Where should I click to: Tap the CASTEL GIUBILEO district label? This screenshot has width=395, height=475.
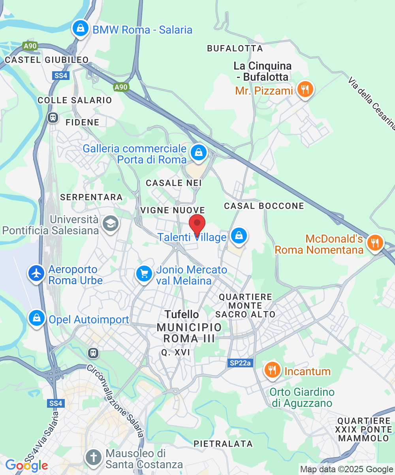coord(47,60)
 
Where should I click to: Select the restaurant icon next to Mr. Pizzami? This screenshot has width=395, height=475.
coord(305,89)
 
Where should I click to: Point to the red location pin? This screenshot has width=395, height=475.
coord(197,225)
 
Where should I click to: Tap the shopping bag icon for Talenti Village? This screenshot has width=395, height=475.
coord(239,236)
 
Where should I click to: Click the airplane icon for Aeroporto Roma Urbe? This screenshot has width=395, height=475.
coord(37,274)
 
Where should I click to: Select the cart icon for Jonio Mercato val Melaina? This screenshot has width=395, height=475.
coord(144,274)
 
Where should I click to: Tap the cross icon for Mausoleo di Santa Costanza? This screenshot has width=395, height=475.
coord(94,457)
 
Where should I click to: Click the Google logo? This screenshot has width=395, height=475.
coord(26,465)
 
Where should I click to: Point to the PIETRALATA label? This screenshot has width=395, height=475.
coord(223,444)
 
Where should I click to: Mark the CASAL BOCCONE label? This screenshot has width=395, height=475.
coord(264,206)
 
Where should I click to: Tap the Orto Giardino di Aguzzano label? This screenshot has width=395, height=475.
coord(302,398)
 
